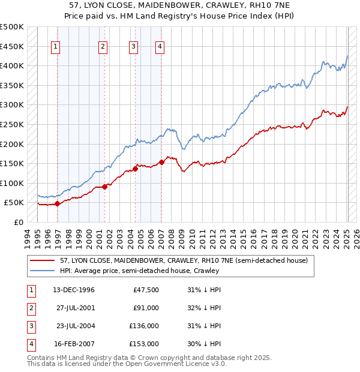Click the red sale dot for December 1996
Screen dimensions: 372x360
pos(57,203)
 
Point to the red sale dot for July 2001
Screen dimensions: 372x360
pos(105,187)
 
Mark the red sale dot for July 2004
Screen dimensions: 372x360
pos(136,169)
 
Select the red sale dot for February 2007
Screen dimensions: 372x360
pos(162,162)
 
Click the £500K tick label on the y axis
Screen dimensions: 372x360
pos(12,27)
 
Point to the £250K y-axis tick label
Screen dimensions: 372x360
pos(12,124)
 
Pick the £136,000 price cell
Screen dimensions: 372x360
pos(144,326)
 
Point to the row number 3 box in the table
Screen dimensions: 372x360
pos(31,326)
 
